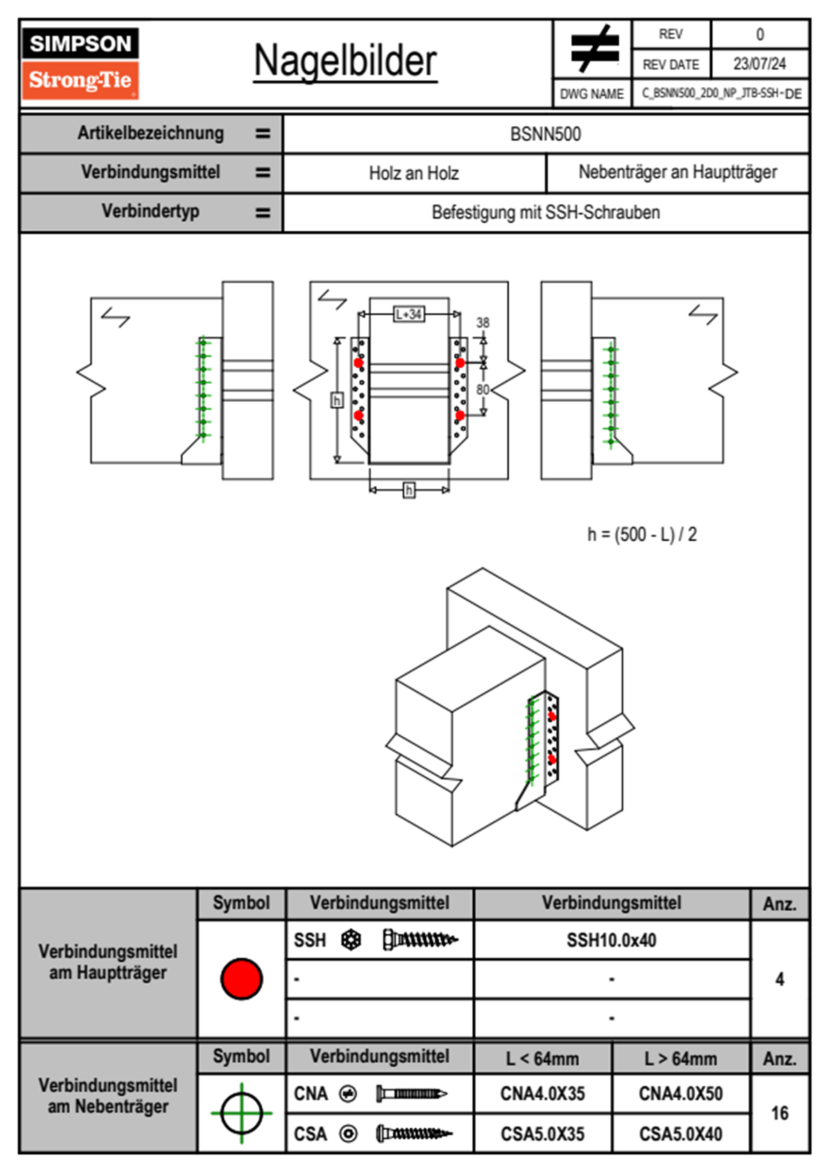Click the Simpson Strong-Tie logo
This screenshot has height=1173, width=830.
pyautogui.click(x=80, y=63)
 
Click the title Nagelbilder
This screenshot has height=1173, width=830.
pyautogui.click(x=345, y=61)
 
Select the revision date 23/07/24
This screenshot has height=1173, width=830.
pyautogui.click(x=759, y=64)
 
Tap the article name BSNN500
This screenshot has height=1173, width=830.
pyautogui.click(x=545, y=134)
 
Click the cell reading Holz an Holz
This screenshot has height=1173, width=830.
pyautogui.click(x=414, y=173)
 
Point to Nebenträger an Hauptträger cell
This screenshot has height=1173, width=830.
pyautogui.click(x=677, y=172)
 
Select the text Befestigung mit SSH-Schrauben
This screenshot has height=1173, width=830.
pyautogui.click(x=545, y=212)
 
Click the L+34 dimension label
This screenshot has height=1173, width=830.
pyautogui.click(x=409, y=315)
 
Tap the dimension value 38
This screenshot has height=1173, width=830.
pyautogui.click(x=483, y=323)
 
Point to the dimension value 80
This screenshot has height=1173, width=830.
pyautogui.click(x=483, y=389)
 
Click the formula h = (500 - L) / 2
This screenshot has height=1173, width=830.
pyautogui.click(x=642, y=535)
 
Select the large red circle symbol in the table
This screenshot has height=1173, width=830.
pyautogui.click(x=241, y=978)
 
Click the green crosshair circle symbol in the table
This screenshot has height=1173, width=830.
pyautogui.click(x=241, y=1113)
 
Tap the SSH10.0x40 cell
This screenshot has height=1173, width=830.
pyautogui.click(x=611, y=940)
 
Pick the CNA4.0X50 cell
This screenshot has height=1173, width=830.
pyautogui.click(x=680, y=1093)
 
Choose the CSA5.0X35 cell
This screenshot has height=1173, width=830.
pyautogui.click(x=542, y=1134)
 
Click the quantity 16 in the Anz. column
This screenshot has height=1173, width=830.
pyautogui.click(x=779, y=1113)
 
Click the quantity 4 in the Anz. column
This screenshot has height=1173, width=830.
pyautogui.click(x=779, y=979)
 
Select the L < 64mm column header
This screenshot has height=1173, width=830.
pyautogui.click(x=542, y=1059)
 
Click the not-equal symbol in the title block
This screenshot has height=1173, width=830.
pyautogui.click(x=594, y=49)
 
